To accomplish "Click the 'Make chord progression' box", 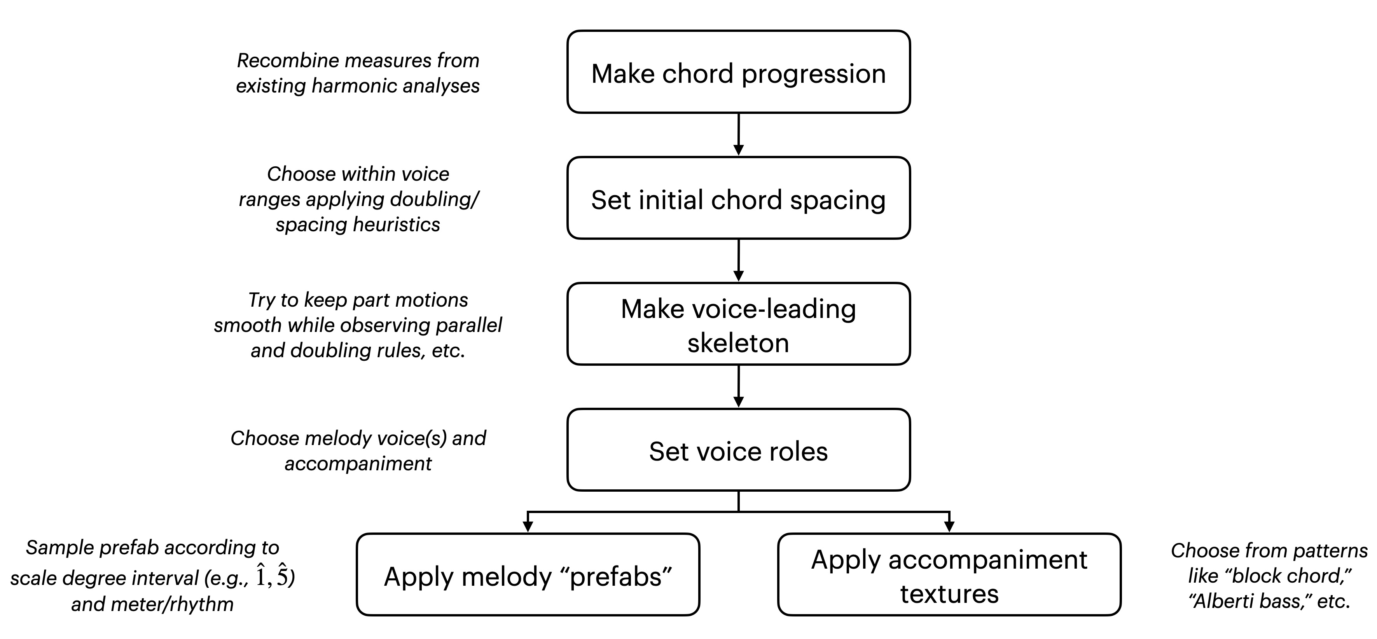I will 738,72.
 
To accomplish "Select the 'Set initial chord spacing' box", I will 738,198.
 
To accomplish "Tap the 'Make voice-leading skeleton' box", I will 738,324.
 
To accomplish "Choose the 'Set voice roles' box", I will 738,450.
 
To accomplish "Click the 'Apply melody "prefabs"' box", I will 528,575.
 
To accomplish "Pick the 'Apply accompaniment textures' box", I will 949,575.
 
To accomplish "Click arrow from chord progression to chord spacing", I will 738,134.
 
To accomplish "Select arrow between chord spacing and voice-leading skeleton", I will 738,261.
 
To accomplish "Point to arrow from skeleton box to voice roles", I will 738,387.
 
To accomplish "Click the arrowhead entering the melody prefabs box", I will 528,526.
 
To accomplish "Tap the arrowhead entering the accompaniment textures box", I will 949,526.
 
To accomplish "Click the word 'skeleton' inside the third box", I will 738,343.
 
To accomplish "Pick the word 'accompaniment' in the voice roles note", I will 358,464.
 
